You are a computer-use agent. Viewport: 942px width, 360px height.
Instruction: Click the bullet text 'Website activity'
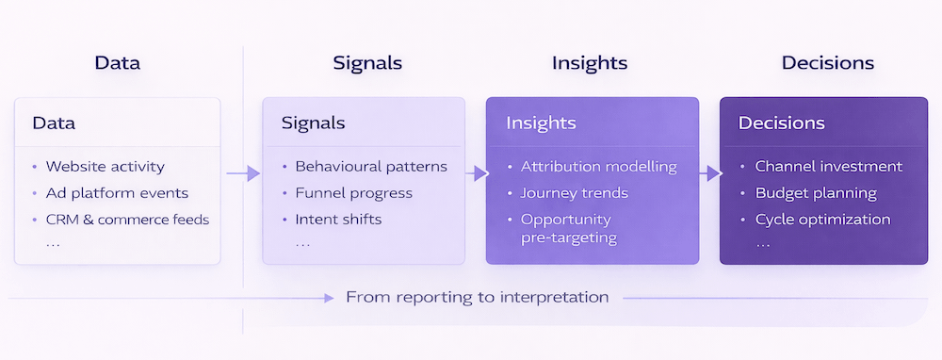click(x=105, y=167)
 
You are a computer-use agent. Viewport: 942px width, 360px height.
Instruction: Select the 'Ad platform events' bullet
click(x=117, y=193)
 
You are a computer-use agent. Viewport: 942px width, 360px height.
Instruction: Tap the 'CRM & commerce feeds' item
click(x=127, y=220)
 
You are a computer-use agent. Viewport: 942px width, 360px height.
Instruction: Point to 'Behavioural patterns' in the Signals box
click(x=371, y=167)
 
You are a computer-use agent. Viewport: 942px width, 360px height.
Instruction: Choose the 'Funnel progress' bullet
click(x=353, y=193)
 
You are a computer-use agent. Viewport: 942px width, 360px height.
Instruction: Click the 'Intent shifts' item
click(x=339, y=220)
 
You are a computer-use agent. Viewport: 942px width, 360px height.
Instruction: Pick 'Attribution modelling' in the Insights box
click(x=598, y=167)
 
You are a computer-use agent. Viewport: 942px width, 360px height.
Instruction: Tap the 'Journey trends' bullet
click(x=575, y=193)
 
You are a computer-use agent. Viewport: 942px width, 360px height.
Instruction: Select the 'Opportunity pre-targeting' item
click(x=568, y=228)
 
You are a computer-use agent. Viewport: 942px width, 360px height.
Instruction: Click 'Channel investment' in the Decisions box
click(x=828, y=167)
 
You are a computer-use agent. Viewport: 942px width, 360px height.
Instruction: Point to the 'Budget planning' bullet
click(x=816, y=193)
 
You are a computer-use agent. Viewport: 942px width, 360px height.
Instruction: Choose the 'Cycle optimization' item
click(x=822, y=220)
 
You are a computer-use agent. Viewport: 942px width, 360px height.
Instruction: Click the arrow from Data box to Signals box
click(x=242, y=173)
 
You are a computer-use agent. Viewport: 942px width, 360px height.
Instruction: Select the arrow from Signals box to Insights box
click(x=476, y=173)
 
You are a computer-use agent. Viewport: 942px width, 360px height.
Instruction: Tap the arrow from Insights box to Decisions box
click(x=709, y=173)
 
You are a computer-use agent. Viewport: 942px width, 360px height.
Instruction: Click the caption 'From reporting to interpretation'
click(x=477, y=297)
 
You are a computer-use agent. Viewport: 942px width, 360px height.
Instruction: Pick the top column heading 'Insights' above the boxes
click(x=590, y=64)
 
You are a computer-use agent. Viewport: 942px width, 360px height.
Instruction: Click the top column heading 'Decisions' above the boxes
click(x=827, y=64)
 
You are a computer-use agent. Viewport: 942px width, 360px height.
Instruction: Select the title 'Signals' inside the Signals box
click(x=313, y=123)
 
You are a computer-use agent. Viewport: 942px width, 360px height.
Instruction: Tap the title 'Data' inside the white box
click(x=54, y=123)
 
